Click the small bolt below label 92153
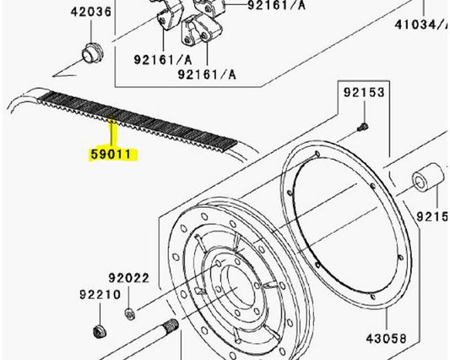click(362, 127)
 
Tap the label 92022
click(127, 277)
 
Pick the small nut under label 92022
click(130, 315)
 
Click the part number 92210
click(95, 296)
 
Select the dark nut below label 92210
click(97, 330)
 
